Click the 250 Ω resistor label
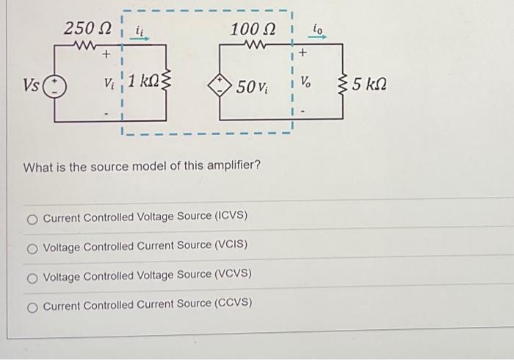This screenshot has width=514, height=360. pos(87,29)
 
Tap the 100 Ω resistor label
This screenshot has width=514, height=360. pos(252,29)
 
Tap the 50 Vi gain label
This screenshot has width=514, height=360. pos(251,87)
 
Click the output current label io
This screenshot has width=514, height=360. pos(318,30)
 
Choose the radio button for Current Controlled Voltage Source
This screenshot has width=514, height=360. pos(33,217)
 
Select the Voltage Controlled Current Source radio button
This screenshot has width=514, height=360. pos(33,245)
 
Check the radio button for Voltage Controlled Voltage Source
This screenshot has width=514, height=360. pos(33,275)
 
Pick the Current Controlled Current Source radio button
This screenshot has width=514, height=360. pos(33,303)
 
